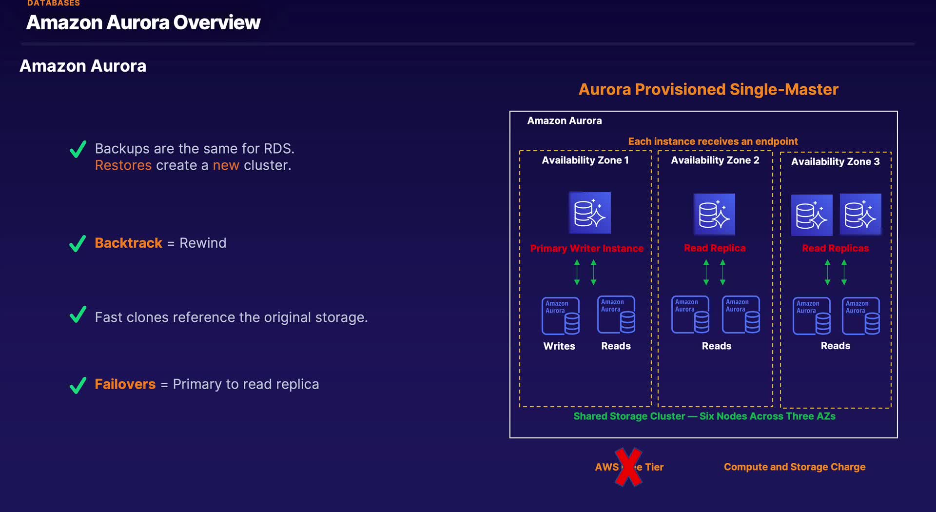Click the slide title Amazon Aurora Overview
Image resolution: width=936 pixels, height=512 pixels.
[143, 22]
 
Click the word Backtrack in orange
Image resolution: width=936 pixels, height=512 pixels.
[128, 243]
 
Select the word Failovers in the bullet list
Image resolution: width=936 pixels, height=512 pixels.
[125, 384]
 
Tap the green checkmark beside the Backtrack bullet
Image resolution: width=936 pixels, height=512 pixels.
[78, 243]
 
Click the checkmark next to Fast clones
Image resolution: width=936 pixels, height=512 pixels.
[78, 315]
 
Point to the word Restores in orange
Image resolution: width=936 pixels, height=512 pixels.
[123, 165]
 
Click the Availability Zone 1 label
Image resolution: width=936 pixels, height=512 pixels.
[585, 160]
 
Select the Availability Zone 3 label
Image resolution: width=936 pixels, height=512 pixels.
[835, 161]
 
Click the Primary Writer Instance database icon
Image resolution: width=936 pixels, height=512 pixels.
[590, 213]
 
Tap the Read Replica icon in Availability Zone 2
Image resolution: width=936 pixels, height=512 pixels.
[714, 215]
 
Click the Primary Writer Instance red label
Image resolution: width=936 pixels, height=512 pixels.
[586, 249]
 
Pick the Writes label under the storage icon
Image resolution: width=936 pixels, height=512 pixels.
[559, 346]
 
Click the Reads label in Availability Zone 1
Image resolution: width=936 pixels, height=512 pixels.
[616, 346]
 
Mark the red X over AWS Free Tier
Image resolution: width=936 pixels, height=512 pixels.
[628, 467]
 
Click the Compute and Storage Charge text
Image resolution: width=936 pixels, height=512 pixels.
[795, 467]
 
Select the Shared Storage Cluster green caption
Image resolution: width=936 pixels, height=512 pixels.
[704, 416]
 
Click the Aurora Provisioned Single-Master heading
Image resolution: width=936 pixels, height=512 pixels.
[708, 89]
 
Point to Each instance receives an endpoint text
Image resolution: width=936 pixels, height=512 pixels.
[713, 141]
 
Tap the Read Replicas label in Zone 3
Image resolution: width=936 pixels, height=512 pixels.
[835, 248]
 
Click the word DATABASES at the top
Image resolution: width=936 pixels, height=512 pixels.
[54, 3]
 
